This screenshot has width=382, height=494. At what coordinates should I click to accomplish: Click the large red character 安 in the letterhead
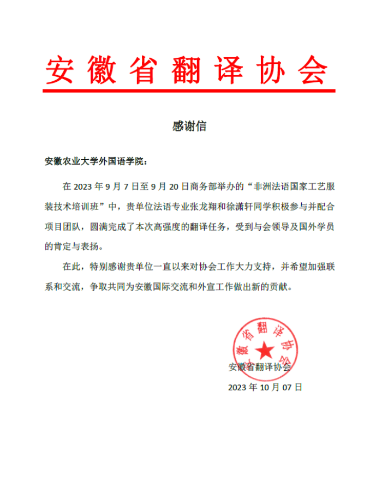[x=59, y=70]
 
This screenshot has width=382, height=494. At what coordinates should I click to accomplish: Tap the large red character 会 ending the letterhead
[x=314, y=70]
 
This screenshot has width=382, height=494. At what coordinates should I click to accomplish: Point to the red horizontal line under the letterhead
[x=189, y=91]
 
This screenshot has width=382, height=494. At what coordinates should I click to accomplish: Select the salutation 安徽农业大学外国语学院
[x=93, y=162]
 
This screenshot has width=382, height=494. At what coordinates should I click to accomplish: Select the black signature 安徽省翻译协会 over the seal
[x=260, y=367]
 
